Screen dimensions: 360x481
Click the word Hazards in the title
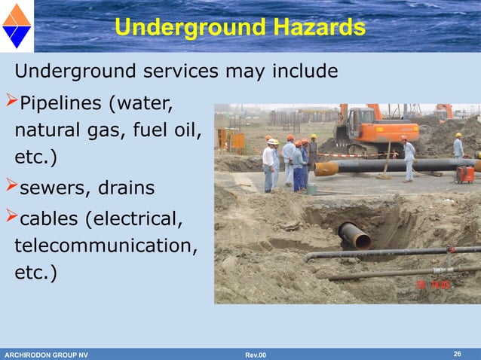(x=312, y=28)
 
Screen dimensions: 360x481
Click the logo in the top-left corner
(x=17, y=26)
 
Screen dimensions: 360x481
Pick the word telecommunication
(x=101, y=246)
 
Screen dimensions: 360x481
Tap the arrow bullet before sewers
(x=10, y=186)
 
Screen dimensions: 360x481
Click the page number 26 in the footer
(x=457, y=354)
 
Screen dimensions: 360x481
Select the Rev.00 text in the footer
(x=256, y=355)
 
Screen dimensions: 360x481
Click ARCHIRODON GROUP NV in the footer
(x=46, y=355)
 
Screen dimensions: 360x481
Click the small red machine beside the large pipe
(x=464, y=174)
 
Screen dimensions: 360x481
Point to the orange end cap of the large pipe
(x=326, y=169)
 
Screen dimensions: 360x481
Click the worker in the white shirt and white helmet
(x=268, y=163)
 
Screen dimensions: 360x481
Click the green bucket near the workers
(x=311, y=188)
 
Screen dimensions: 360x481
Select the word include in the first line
(x=299, y=72)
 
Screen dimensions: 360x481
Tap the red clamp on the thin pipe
(x=451, y=249)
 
